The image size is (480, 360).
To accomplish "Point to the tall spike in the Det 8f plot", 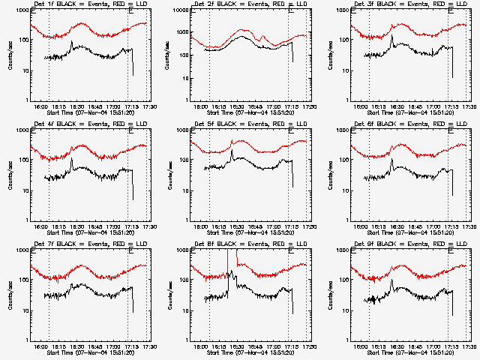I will pyautogui.click(x=228, y=259).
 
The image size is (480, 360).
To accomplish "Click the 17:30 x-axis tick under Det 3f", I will pyautogui.click(x=469, y=106).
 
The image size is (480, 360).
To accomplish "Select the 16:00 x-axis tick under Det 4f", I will pyautogui.click(x=41, y=226).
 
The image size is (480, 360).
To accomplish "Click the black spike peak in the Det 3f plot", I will pyautogui.click(x=391, y=35).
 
